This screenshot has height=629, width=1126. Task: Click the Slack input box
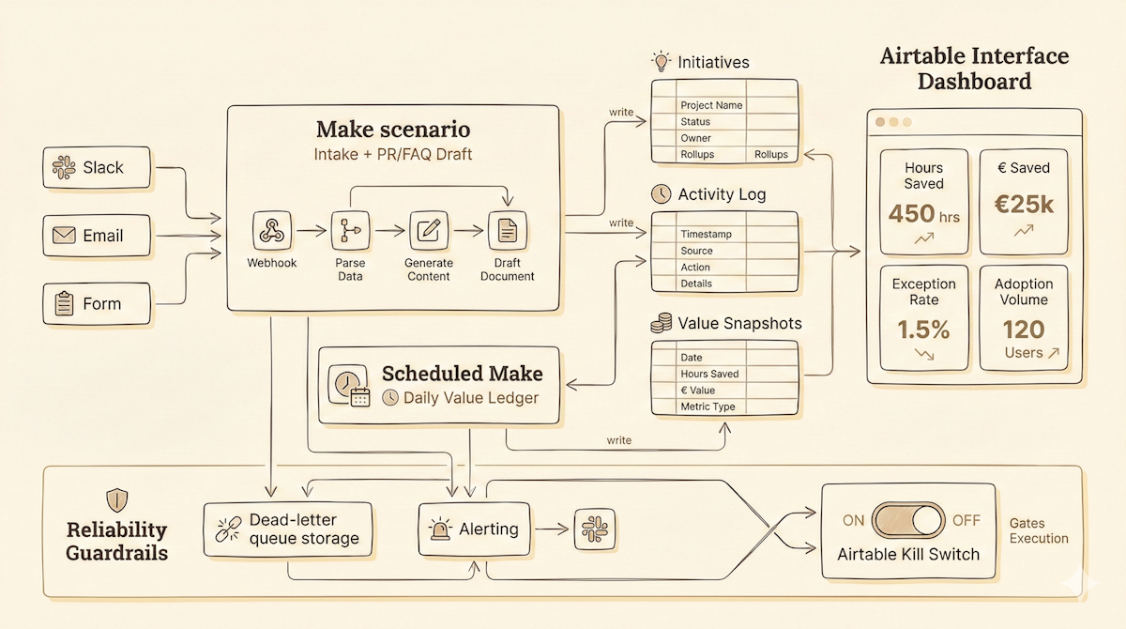[98, 168]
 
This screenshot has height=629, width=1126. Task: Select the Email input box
[98, 236]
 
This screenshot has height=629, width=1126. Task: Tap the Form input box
[98, 304]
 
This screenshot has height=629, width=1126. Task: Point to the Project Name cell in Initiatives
[711, 105]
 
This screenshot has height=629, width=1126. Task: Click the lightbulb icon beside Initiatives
[662, 63]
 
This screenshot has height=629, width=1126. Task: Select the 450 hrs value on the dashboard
[923, 214]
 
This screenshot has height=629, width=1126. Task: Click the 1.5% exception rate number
[923, 330]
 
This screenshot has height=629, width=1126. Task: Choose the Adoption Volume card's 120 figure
[1023, 330]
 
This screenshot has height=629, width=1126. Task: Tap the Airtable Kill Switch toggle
[908, 520]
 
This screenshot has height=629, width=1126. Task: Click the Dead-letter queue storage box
[287, 529]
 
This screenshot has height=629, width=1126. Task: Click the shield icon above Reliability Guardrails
[117, 498]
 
